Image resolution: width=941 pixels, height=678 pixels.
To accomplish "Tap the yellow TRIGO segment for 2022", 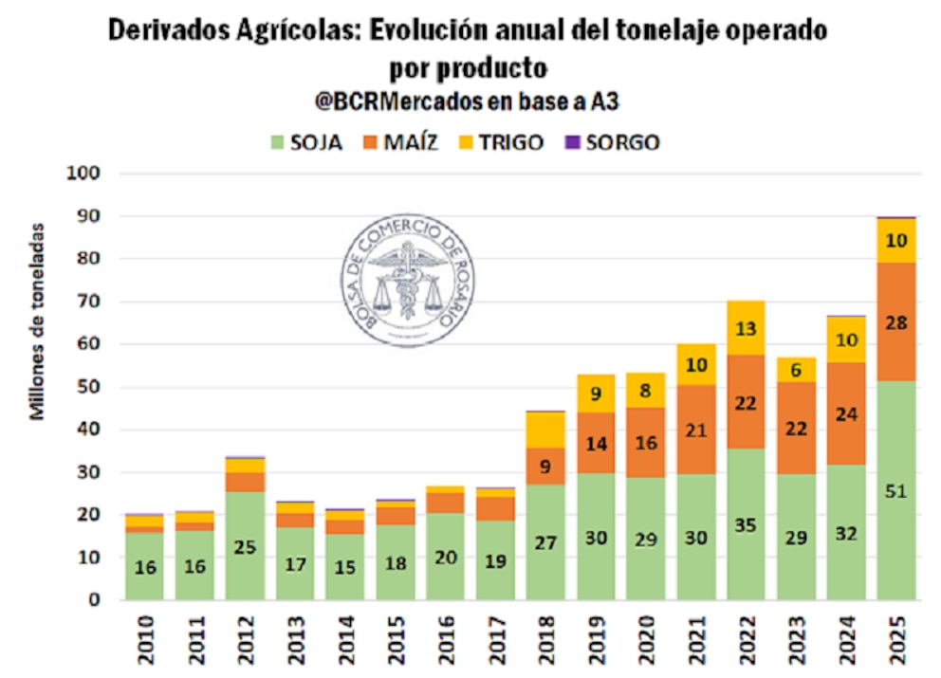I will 747,328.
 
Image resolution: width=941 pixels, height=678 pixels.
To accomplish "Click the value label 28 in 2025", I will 896,323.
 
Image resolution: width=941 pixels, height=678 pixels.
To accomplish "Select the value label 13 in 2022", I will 747,328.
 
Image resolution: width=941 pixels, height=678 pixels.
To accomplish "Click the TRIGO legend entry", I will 501,143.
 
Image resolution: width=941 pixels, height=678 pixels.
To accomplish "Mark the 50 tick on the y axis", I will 88,387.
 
